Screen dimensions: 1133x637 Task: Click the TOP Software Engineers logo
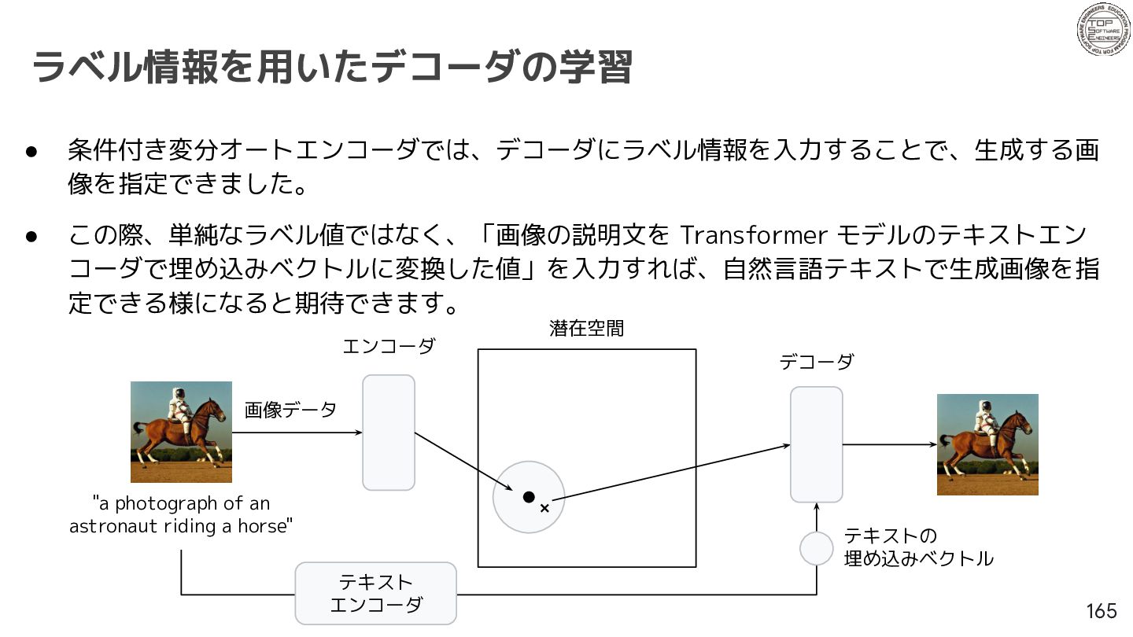coord(1103,29)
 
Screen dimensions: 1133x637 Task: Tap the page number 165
coord(1102,611)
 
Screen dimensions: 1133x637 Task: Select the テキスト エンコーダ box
coord(376,594)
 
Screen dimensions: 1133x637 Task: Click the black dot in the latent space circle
coord(529,497)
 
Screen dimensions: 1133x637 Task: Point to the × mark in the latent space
coord(544,508)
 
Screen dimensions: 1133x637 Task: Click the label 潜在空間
coord(587,329)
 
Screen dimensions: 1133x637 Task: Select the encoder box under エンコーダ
coord(389,433)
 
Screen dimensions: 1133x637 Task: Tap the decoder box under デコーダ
coord(817,444)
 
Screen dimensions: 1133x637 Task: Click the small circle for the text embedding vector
coord(817,549)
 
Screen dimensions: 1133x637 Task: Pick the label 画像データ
coord(290,410)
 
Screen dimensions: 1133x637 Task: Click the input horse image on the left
coord(181,433)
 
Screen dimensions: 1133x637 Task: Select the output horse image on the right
coord(987,444)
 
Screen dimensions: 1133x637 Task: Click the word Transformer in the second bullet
coord(753,235)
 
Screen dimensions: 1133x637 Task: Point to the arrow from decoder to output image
coord(890,444)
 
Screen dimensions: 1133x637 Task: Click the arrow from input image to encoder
coord(297,433)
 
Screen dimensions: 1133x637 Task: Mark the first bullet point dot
coord(31,151)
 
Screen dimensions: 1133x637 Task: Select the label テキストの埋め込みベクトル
coord(918,547)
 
